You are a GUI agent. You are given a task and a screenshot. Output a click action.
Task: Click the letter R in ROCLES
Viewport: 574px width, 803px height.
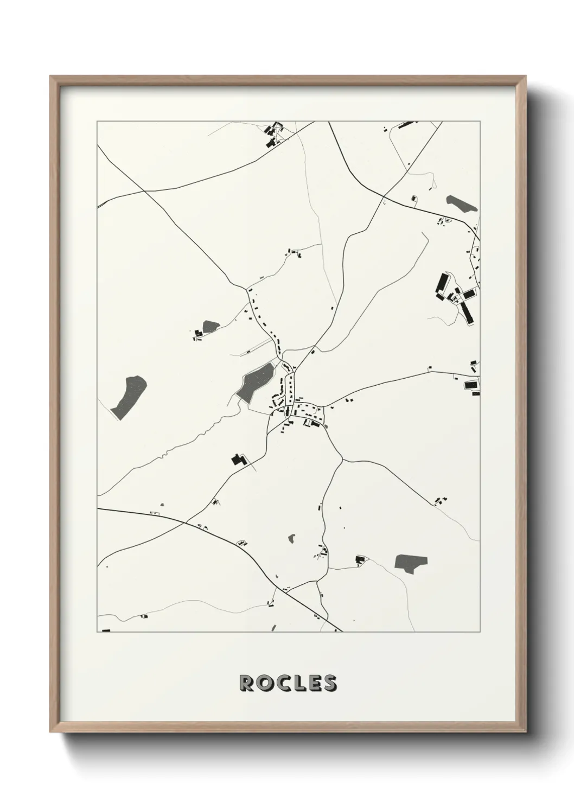(x=246, y=683)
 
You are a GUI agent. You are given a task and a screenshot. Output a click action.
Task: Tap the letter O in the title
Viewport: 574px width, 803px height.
(x=265, y=683)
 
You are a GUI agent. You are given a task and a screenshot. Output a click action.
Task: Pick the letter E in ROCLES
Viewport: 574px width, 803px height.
(x=313, y=683)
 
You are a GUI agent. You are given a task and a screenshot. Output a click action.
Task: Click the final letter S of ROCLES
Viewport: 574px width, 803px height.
(x=329, y=683)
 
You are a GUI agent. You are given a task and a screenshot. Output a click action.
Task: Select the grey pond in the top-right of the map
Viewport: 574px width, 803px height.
(x=462, y=203)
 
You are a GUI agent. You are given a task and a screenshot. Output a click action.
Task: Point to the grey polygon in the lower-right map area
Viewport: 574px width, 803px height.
(x=411, y=563)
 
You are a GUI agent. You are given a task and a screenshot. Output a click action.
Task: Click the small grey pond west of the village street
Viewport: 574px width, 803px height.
(x=210, y=326)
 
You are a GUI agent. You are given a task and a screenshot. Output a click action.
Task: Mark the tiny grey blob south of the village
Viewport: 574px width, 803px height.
(x=292, y=539)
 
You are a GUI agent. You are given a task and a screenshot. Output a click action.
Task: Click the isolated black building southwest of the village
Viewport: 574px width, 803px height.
(x=237, y=460)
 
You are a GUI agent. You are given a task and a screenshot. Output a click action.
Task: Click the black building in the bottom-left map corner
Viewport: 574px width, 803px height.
(x=106, y=630)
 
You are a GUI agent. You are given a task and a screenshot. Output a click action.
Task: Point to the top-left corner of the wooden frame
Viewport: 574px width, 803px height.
(x=50, y=77)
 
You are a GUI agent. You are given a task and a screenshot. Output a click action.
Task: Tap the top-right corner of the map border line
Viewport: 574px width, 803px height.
(x=480, y=122)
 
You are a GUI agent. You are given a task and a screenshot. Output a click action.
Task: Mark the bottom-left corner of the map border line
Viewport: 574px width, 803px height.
(x=97, y=632)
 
